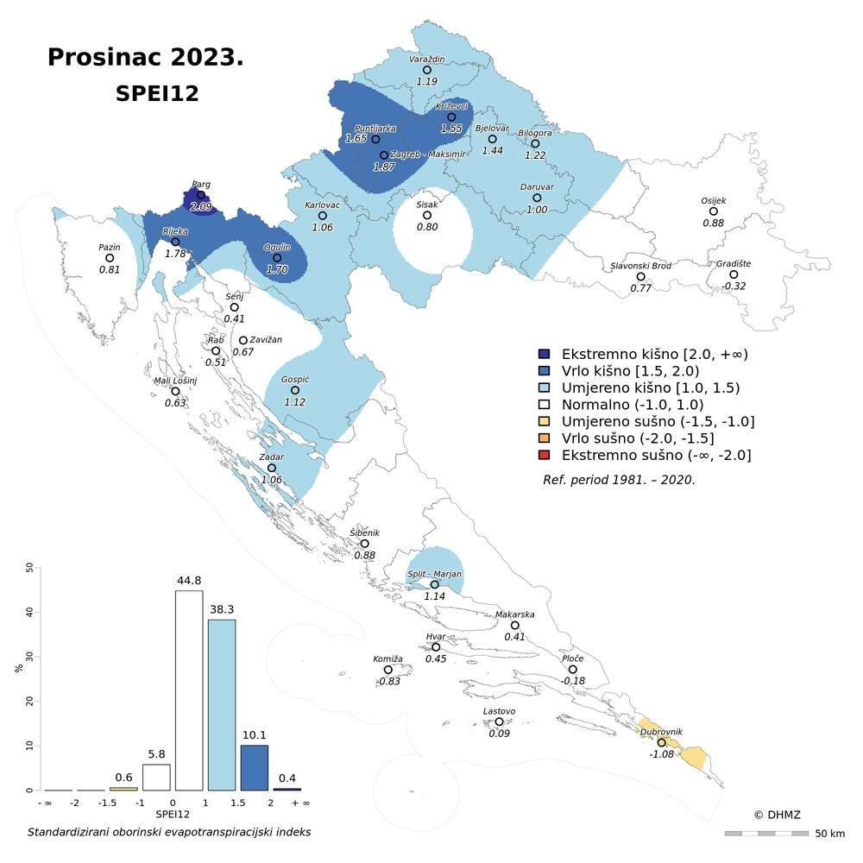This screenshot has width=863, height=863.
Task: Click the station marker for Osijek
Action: [x=714, y=211]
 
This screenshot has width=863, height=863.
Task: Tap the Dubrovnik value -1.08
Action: [x=662, y=754]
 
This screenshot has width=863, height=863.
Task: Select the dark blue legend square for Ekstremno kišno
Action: [x=544, y=354]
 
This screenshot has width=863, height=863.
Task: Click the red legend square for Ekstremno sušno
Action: [x=544, y=455]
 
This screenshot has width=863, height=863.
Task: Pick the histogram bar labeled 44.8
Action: [x=189, y=690]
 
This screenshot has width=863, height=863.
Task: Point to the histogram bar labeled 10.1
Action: [x=255, y=767]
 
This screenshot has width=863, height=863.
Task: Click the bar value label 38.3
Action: [x=222, y=609]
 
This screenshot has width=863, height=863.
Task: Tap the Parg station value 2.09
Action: [x=201, y=207]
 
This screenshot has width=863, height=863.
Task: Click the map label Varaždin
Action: [x=426, y=59]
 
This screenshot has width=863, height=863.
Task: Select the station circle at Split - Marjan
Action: [x=435, y=584]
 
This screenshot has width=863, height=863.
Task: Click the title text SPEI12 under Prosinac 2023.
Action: [x=157, y=94]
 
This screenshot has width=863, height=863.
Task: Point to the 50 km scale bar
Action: [x=766, y=834]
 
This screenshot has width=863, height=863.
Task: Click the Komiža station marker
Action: [x=388, y=670]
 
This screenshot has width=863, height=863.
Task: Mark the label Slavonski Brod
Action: [x=640, y=266]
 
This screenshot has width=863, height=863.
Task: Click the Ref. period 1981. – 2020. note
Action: [x=619, y=479]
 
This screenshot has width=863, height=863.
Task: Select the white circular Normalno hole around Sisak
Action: [x=431, y=231]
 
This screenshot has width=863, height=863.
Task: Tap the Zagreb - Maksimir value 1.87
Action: [x=384, y=167]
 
